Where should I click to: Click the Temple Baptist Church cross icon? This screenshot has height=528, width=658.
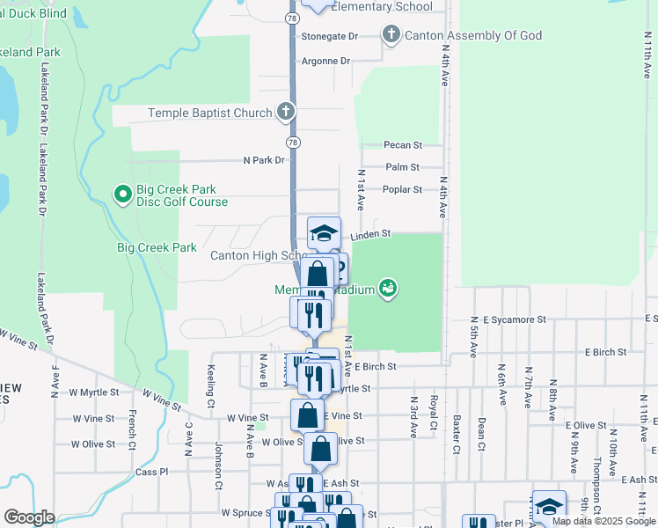[x=285, y=113]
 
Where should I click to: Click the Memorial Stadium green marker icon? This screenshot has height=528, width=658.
[x=386, y=288]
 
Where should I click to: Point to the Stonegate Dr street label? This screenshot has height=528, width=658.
[x=330, y=36]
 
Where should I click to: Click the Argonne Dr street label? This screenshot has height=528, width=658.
[x=325, y=61]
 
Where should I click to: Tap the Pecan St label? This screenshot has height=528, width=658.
[x=403, y=144]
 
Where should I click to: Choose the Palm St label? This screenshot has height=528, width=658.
[x=402, y=166]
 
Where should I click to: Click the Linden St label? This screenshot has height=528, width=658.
[x=369, y=236]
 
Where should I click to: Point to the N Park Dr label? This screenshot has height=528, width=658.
[x=265, y=160]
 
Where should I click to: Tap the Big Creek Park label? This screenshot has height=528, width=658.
[x=157, y=248]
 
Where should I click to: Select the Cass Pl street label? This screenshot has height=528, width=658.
[x=152, y=472]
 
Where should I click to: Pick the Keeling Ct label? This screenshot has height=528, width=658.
[x=211, y=386]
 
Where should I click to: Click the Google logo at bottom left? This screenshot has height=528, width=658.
[x=29, y=517]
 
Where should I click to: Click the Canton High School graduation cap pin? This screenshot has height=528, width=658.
[x=324, y=232]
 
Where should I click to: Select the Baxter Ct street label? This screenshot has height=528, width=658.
[x=457, y=435]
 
